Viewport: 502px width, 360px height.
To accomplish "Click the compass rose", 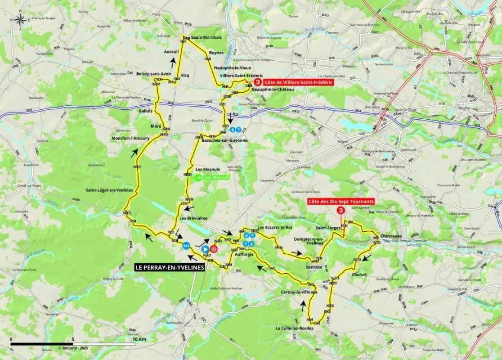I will (20, 19).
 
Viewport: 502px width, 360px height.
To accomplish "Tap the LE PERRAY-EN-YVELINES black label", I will (170, 267).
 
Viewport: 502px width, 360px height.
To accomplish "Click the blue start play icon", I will (205, 248).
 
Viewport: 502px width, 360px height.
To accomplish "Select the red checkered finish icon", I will (214, 248).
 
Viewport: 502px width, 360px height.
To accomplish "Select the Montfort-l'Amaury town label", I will (131, 139).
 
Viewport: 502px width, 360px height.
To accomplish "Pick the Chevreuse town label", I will (391, 236).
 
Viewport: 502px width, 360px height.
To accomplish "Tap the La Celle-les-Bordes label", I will (294, 328).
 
